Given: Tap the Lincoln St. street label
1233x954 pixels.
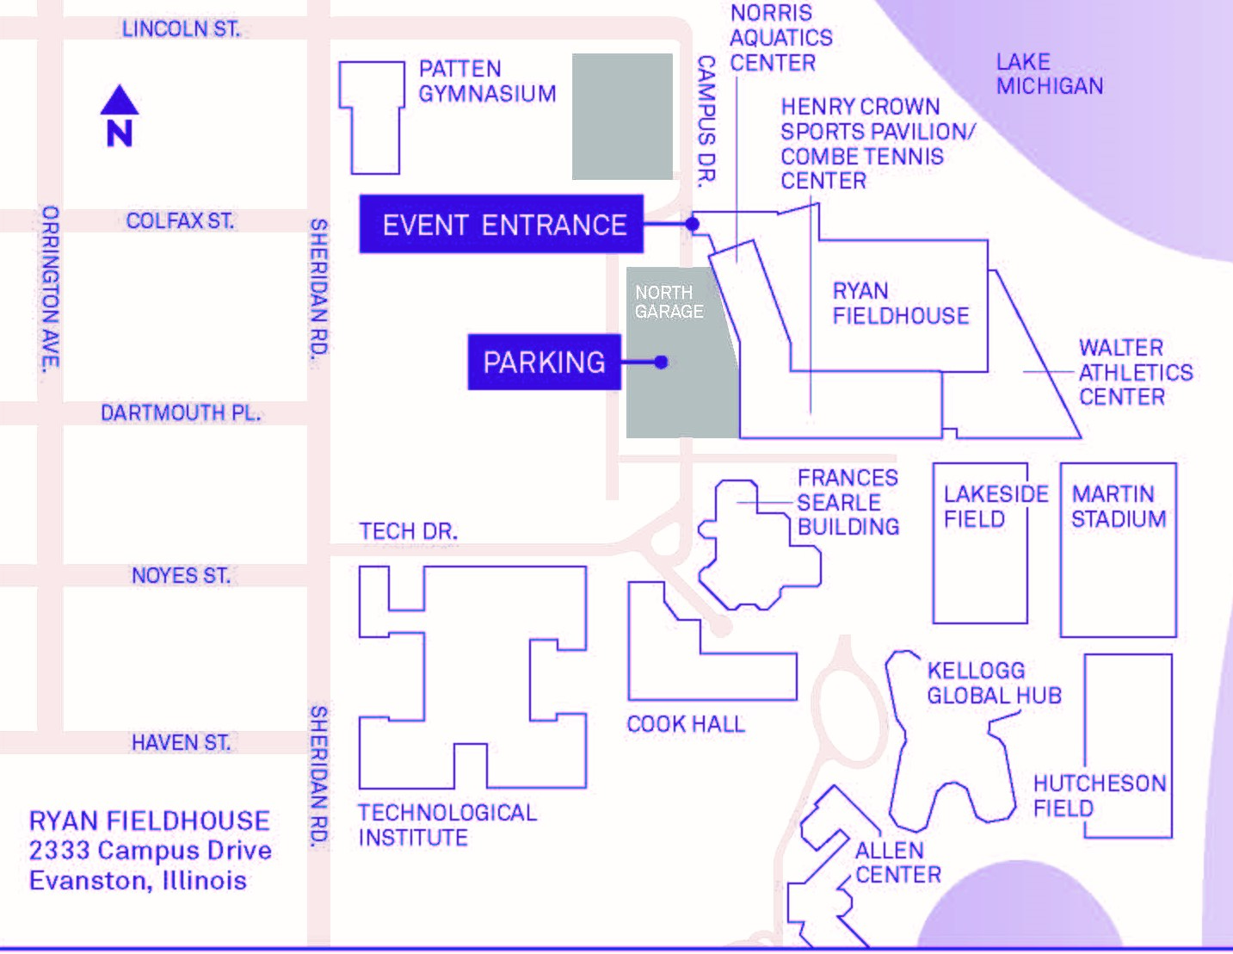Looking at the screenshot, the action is click(x=182, y=29).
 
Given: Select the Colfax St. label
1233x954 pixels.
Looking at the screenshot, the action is click(x=180, y=220).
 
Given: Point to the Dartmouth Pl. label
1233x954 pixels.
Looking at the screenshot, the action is click(x=181, y=412).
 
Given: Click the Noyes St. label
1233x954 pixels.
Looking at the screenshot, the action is click(x=181, y=575).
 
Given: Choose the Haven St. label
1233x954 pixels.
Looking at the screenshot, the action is click(x=181, y=742).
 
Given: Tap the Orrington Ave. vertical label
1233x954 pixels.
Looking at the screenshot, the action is click(x=51, y=288).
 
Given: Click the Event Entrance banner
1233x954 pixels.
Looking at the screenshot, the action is click(x=502, y=224).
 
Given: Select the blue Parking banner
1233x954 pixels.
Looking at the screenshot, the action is click(x=544, y=362).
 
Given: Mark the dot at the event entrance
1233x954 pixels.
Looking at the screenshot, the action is click(x=692, y=224).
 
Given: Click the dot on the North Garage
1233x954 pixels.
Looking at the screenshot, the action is click(x=661, y=362).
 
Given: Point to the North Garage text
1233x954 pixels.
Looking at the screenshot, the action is click(x=669, y=302).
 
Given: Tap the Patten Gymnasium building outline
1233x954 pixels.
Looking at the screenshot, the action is click(x=372, y=117).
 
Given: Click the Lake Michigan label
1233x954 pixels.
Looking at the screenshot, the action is click(x=1050, y=74).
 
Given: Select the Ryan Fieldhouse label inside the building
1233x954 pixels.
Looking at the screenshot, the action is click(x=901, y=303).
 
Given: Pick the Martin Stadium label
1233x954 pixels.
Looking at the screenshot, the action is click(x=1119, y=506).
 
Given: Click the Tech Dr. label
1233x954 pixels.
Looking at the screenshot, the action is click(x=409, y=531).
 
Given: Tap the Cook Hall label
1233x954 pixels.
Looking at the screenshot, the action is click(x=686, y=724).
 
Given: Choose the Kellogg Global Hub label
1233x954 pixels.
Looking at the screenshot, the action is click(x=994, y=684).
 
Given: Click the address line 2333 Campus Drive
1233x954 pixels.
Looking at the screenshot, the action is click(x=151, y=850).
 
